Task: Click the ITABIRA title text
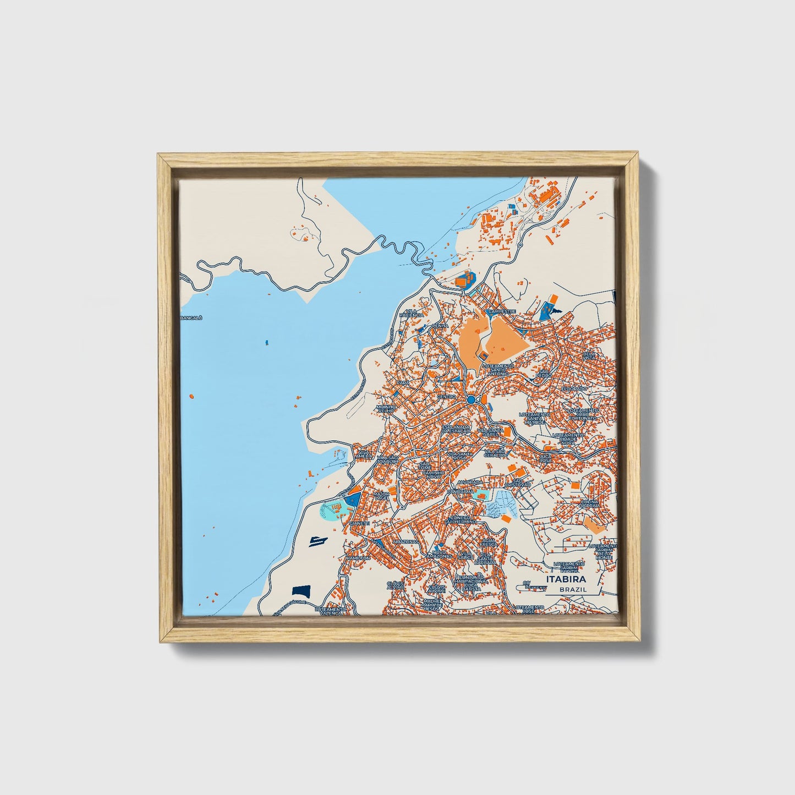tap(566, 579)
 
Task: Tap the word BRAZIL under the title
tap(572, 589)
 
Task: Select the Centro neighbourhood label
tap(446, 396)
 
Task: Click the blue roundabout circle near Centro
tap(471, 399)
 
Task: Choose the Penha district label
tap(440, 326)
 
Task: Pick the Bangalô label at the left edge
tap(191, 317)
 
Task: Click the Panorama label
tap(460, 491)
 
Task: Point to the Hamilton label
tap(358, 558)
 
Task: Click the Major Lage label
tap(381, 496)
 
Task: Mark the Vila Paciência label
tap(414, 313)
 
